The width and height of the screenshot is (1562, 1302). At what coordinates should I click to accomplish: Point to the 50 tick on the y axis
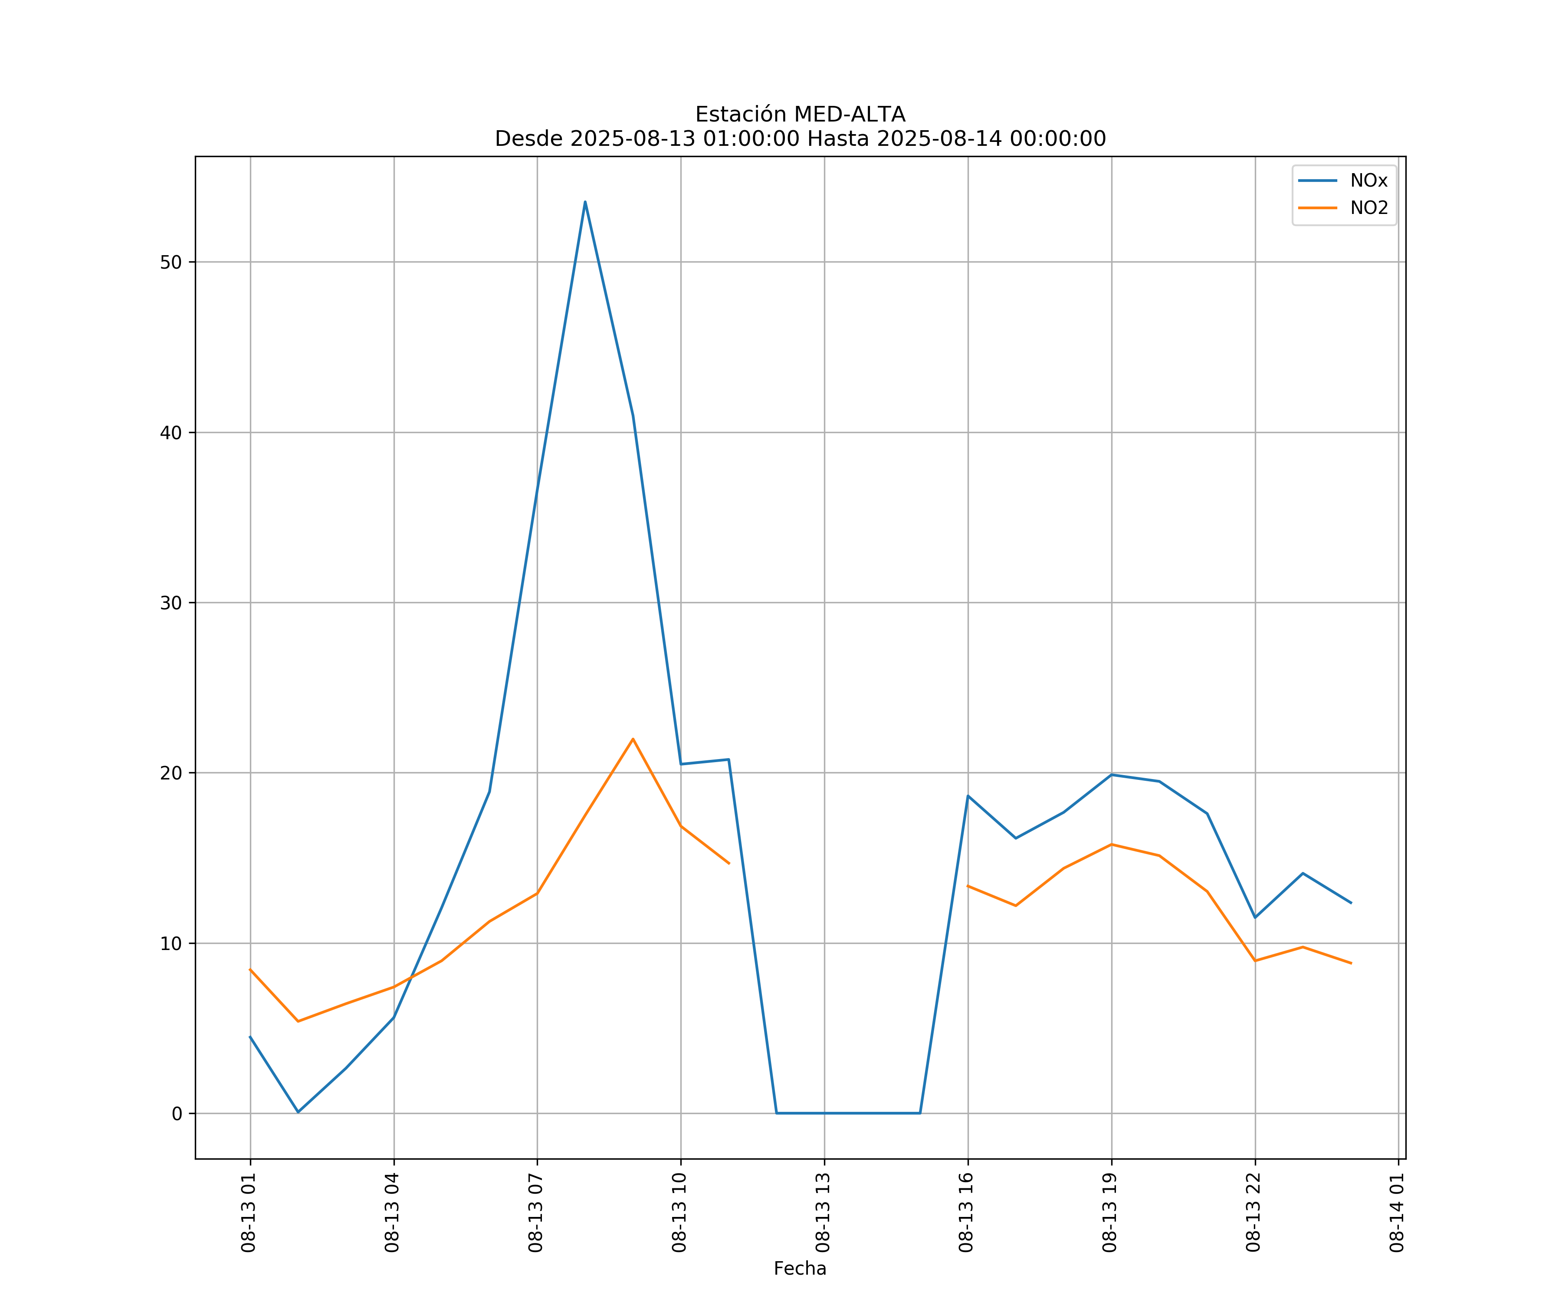171,262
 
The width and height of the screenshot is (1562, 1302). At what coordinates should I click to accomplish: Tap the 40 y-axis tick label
171,432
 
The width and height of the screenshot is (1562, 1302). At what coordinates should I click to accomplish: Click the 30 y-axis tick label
171,603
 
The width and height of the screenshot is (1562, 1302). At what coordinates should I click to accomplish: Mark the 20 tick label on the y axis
171,773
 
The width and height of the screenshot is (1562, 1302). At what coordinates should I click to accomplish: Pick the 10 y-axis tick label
171,944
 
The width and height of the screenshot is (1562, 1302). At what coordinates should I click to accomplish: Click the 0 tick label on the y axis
177,1114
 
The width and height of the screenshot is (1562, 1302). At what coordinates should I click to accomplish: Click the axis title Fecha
800,1269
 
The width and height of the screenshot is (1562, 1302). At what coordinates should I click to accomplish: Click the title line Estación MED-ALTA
800,115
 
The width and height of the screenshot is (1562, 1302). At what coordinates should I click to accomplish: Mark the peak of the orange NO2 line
633,739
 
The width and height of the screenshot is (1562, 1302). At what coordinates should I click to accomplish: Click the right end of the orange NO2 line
1351,963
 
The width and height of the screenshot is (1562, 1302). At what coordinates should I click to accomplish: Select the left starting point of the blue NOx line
250,1036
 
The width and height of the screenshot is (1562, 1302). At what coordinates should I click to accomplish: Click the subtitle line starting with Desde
800,139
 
